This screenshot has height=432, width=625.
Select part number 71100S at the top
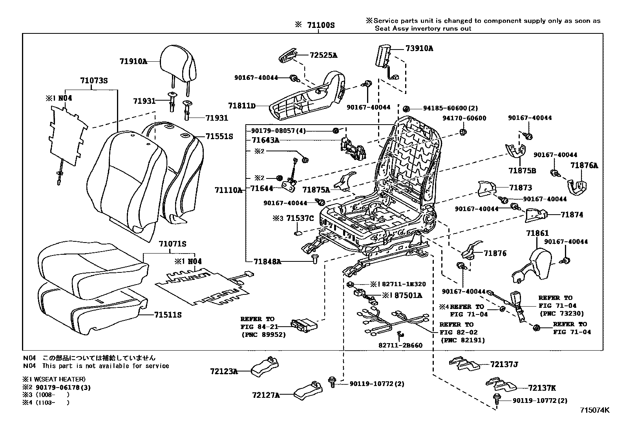click(x=321, y=25)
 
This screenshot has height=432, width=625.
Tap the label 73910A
click(x=419, y=48)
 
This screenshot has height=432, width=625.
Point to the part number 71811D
click(x=241, y=106)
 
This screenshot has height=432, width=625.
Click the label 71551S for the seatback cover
click(x=219, y=136)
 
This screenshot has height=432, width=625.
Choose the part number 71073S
click(x=94, y=81)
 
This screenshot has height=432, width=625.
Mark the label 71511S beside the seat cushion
click(x=168, y=315)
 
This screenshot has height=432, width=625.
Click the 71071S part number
click(x=172, y=244)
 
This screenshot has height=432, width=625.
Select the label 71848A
click(x=267, y=261)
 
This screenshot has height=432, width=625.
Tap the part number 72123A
click(x=224, y=371)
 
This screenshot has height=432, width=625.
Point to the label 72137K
click(x=541, y=388)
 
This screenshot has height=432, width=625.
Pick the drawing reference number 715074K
click(x=595, y=410)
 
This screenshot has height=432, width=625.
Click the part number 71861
click(x=537, y=233)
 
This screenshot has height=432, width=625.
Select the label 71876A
click(x=584, y=165)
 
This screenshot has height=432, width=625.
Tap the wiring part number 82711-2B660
click(x=400, y=346)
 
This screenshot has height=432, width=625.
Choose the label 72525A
click(x=323, y=55)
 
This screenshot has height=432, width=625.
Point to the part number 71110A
click(x=228, y=190)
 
